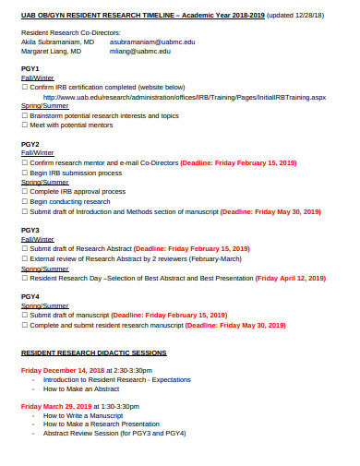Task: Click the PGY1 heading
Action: [30, 69]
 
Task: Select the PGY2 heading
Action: [30, 145]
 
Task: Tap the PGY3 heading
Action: [30, 230]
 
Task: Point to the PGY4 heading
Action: [30, 296]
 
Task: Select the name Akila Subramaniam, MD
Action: [57, 42]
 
